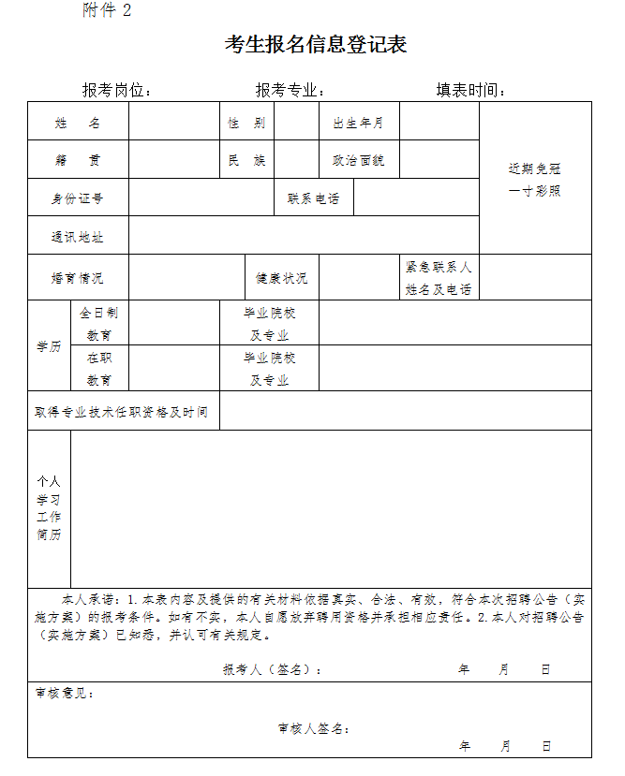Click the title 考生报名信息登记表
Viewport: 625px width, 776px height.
316,45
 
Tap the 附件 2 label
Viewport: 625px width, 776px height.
107,10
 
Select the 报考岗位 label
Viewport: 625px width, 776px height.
116,90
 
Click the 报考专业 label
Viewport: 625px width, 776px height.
290,90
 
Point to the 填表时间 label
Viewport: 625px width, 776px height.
470,90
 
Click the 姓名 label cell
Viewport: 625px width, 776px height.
78,123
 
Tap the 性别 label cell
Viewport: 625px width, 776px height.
246,123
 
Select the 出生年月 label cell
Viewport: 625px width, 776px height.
359,123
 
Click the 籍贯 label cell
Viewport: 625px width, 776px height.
78,160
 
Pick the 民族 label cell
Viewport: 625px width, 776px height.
246,160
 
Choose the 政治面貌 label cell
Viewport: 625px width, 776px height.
359,160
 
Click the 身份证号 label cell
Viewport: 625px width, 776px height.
78,198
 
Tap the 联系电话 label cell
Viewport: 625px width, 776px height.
314,198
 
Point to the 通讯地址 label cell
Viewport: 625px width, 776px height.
78,237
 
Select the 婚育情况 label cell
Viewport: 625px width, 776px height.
78,278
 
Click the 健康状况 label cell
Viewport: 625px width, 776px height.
281,278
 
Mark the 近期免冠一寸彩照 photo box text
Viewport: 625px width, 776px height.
535,180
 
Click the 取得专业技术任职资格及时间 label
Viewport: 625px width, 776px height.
122,412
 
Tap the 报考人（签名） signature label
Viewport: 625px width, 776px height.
273,670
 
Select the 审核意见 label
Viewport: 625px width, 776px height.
65,694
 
